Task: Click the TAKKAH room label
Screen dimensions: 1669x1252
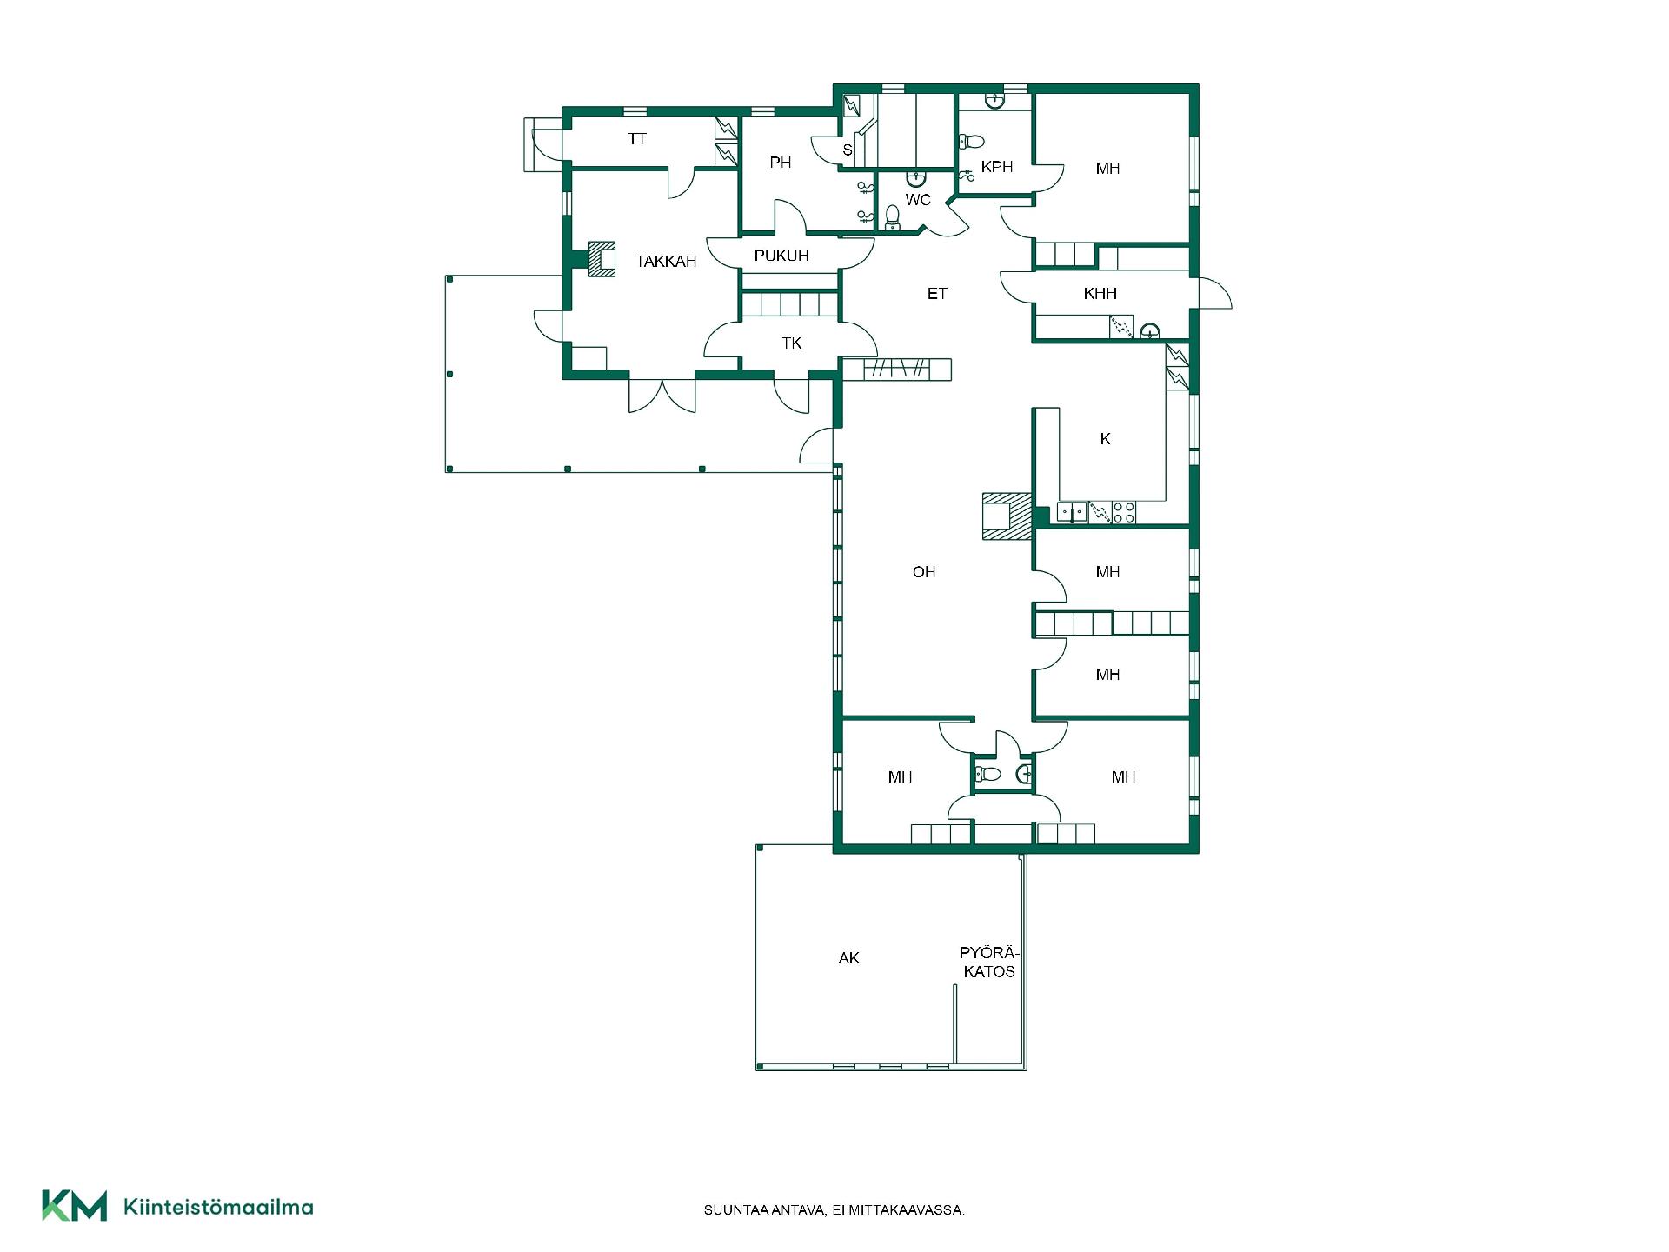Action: click(x=666, y=262)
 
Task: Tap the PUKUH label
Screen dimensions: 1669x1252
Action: click(x=781, y=256)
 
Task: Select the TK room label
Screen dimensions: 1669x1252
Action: click(x=791, y=343)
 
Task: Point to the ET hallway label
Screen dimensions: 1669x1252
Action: click(x=937, y=294)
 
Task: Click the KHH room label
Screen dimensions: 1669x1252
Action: click(x=1100, y=294)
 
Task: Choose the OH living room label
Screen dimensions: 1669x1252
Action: click(x=924, y=572)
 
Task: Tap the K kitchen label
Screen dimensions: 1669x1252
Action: click(x=1106, y=439)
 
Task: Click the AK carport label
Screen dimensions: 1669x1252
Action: click(x=848, y=958)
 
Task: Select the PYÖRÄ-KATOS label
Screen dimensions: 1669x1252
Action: click(x=988, y=962)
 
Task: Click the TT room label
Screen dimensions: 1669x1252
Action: click(x=637, y=139)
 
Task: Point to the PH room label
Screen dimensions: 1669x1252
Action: click(x=781, y=163)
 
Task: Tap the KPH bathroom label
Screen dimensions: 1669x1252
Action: click(x=997, y=167)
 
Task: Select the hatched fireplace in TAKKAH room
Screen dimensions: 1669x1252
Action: click(x=601, y=259)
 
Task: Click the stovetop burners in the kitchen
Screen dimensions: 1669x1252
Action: click(x=1124, y=512)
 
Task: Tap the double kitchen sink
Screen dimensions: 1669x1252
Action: click(x=1072, y=512)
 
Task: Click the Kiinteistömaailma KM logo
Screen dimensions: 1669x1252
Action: click(x=75, y=1206)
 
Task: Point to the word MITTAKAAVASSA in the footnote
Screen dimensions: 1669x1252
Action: click(x=912, y=1210)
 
